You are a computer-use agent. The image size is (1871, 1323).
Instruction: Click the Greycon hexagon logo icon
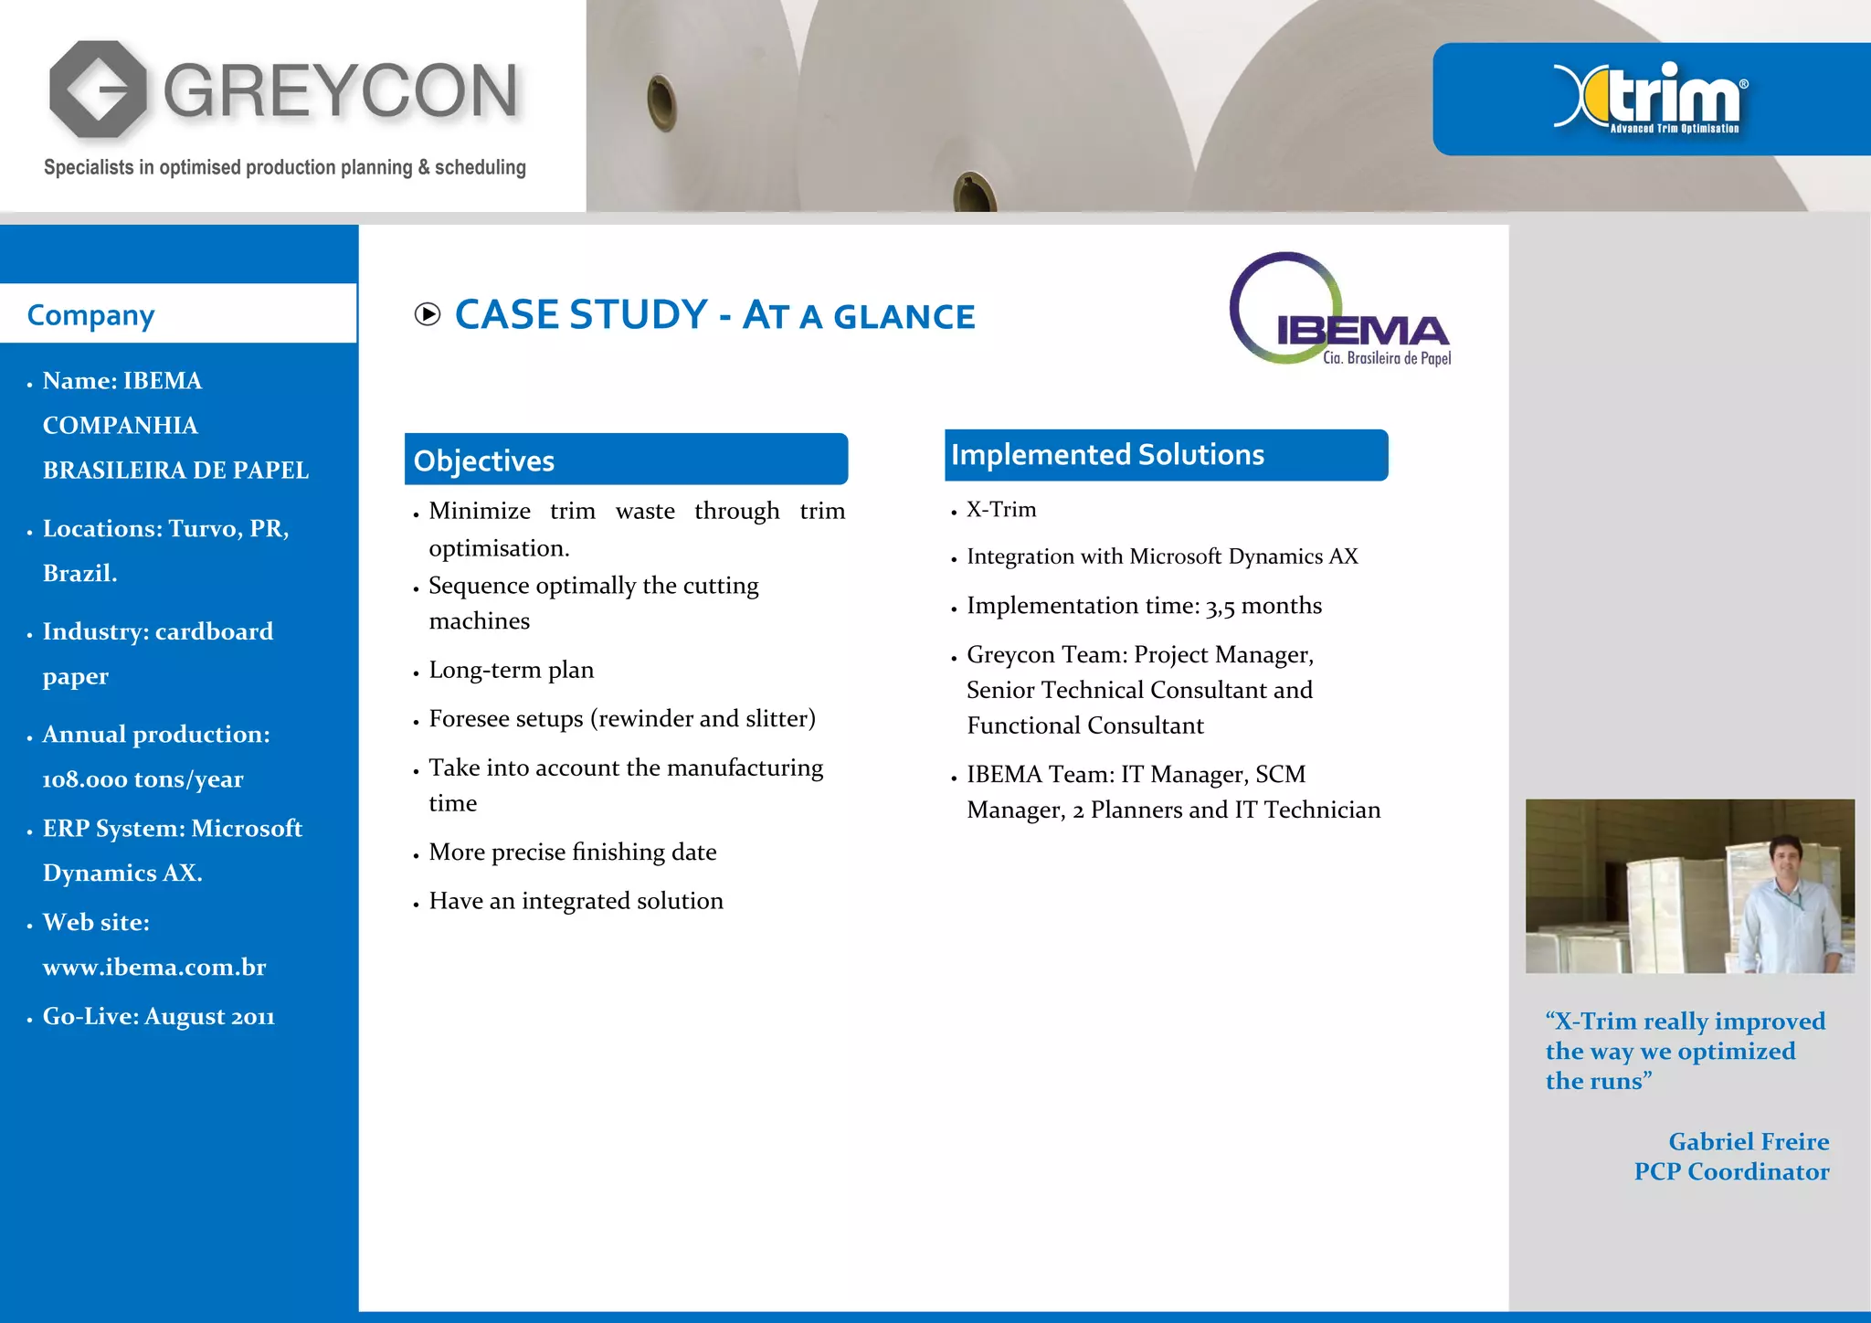click(x=98, y=90)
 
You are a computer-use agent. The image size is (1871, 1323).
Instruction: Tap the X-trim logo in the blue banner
click(x=1650, y=98)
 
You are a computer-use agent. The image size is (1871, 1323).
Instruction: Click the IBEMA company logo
click(x=1339, y=311)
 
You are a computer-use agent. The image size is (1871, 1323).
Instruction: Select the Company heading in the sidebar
click(x=90, y=315)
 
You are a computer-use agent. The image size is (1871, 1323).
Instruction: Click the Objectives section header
click(x=484, y=460)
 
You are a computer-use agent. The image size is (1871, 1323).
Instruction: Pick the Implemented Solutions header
click(x=1107, y=455)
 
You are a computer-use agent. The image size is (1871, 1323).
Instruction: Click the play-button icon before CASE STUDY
click(x=427, y=315)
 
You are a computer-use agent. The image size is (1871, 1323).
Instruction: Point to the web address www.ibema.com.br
click(x=154, y=968)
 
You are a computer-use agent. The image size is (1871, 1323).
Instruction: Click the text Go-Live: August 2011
click(x=158, y=1017)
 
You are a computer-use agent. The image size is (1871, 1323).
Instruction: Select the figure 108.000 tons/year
click(x=143, y=779)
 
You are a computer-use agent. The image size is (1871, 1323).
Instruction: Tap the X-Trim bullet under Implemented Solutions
click(x=1001, y=510)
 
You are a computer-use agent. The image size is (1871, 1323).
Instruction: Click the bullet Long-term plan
click(x=511, y=671)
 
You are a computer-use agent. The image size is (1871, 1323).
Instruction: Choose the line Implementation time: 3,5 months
click(x=1144, y=606)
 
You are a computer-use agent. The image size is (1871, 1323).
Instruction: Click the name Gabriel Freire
click(x=1748, y=1142)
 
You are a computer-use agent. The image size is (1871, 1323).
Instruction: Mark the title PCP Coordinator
click(x=1731, y=1172)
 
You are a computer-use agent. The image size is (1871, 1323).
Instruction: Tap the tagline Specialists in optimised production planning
click(x=284, y=167)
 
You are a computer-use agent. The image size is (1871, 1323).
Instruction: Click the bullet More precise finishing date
click(x=572, y=852)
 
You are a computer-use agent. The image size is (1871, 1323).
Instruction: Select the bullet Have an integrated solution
click(x=576, y=902)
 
